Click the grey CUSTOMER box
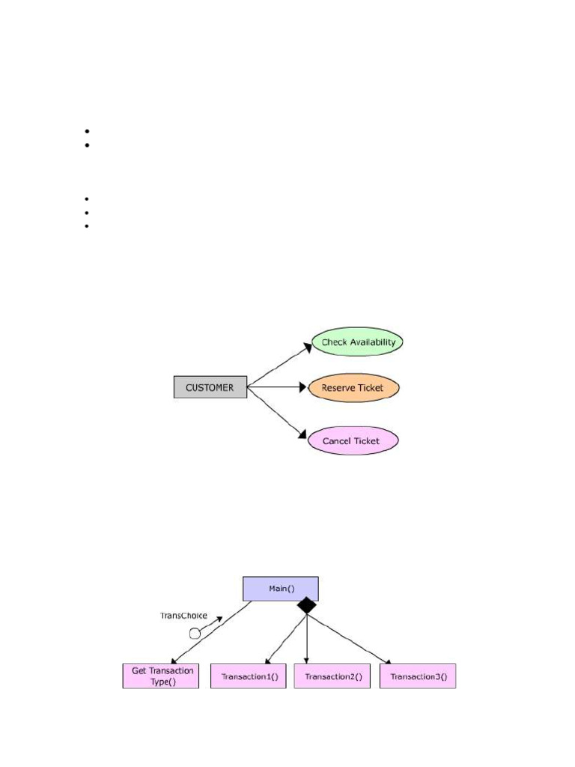(x=210, y=387)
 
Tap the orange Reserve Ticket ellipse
(x=353, y=388)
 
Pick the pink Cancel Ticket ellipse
(x=353, y=440)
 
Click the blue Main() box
(x=281, y=589)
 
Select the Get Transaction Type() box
(x=161, y=676)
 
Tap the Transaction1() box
(x=249, y=676)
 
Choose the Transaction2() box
(x=332, y=676)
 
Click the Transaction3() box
(x=418, y=676)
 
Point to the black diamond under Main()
(x=306, y=606)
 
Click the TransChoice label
(x=184, y=616)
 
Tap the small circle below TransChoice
(x=195, y=633)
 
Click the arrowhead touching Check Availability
(x=307, y=347)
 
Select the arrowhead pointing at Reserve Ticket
(x=304, y=387)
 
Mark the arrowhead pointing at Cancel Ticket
(x=303, y=434)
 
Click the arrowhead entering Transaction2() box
(x=307, y=660)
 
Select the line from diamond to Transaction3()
(x=348, y=638)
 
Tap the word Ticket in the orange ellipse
(x=371, y=388)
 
